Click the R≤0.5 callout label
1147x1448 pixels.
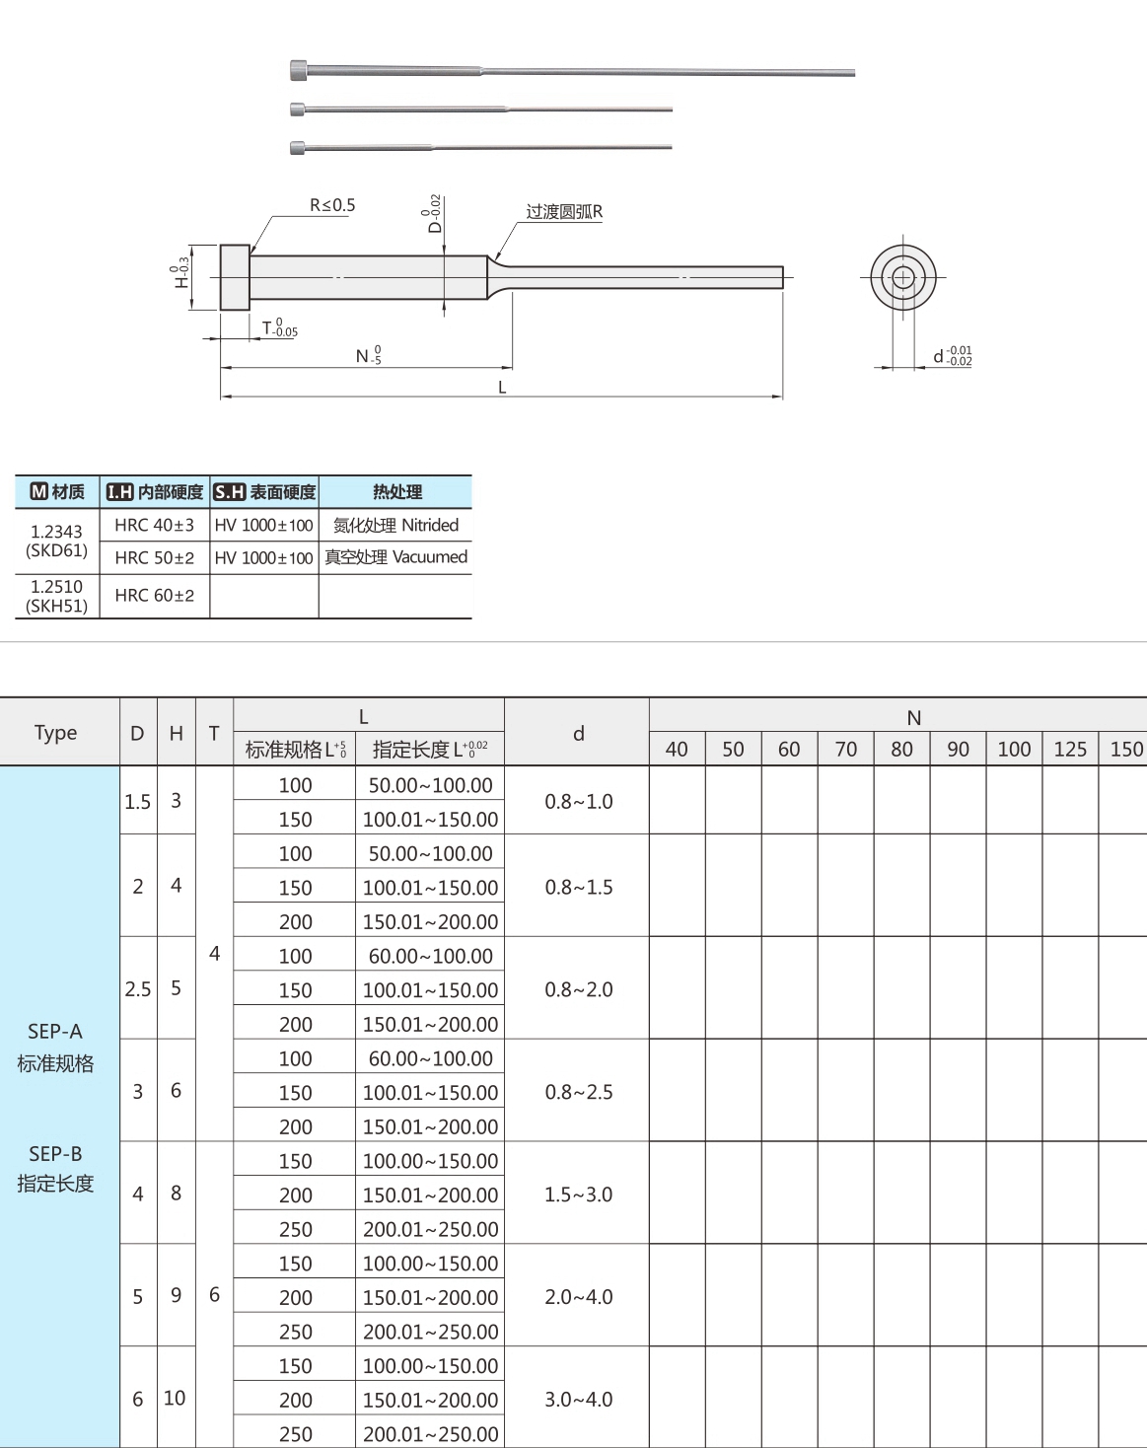(x=331, y=205)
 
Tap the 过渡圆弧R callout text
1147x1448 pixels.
(x=563, y=212)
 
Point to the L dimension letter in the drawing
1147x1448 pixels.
(x=502, y=388)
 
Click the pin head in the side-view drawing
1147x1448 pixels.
(x=235, y=277)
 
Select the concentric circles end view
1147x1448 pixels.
(x=902, y=277)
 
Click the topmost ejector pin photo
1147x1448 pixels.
(x=572, y=71)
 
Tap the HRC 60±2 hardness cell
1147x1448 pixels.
(x=155, y=596)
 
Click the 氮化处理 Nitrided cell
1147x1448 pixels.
(x=395, y=525)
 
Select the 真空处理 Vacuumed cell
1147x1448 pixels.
(x=395, y=557)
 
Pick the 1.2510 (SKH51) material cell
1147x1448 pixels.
(x=57, y=596)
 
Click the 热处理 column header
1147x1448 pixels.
(x=395, y=491)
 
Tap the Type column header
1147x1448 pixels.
(x=55, y=733)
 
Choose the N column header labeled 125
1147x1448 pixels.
(x=1070, y=749)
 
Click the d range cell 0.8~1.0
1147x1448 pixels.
(x=578, y=802)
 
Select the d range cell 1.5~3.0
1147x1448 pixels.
(x=578, y=1195)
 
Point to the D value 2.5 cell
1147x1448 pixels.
(x=138, y=988)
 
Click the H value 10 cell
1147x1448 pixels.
(x=175, y=1398)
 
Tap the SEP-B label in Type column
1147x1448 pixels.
(x=55, y=1153)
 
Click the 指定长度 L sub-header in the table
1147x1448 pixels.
(x=429, y=750)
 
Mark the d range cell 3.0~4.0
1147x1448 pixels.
(x=578, y=1399)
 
